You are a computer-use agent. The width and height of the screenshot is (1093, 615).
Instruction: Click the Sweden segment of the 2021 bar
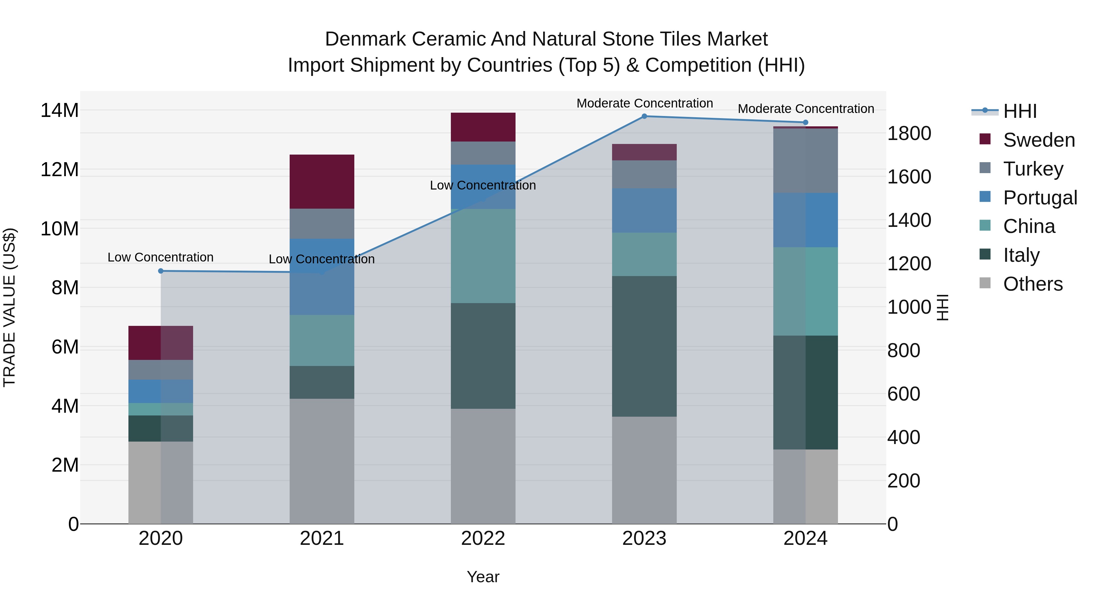pyautogui.click(x=322, y=181)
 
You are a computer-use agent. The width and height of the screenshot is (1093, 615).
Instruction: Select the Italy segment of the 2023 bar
pyautogui.click(x=644, y=346)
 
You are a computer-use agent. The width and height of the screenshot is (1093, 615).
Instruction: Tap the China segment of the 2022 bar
pyautogui.click(x=483, y=255)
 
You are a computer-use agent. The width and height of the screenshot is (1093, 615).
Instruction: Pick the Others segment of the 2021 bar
pyautogui.click(x=322, y=460)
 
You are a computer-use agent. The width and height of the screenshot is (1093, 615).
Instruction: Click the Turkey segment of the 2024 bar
pyautogui.click(x=805, y=160)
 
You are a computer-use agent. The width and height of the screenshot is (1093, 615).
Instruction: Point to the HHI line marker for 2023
pyautogui.click(x=644, y=116)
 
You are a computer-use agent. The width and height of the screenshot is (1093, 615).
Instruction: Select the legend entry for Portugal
pyautogui.click(x=1040, y=197)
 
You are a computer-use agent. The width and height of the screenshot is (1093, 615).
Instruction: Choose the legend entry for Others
pyautogui.click(x=1032, y=284)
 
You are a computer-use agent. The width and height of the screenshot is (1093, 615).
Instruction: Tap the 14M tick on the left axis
pyautogui.click(x=60, y=110)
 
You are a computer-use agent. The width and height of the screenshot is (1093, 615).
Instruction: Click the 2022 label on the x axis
pyautogui.click(x=483, y=538)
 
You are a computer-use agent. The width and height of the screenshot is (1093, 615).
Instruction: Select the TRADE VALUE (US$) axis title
pyautogui.click(x=9, y=307)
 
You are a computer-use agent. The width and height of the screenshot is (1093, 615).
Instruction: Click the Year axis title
pyautogui.click(x=483, y=577)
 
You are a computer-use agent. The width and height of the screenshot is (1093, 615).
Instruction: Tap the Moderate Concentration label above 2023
pyautogui.click(x=644, y=103)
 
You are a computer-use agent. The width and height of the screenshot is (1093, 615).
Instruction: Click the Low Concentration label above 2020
pyautogui.click(x=160, y=257)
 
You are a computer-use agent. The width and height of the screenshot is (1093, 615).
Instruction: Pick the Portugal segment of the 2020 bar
pyautogui.click(x=160, y=391)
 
